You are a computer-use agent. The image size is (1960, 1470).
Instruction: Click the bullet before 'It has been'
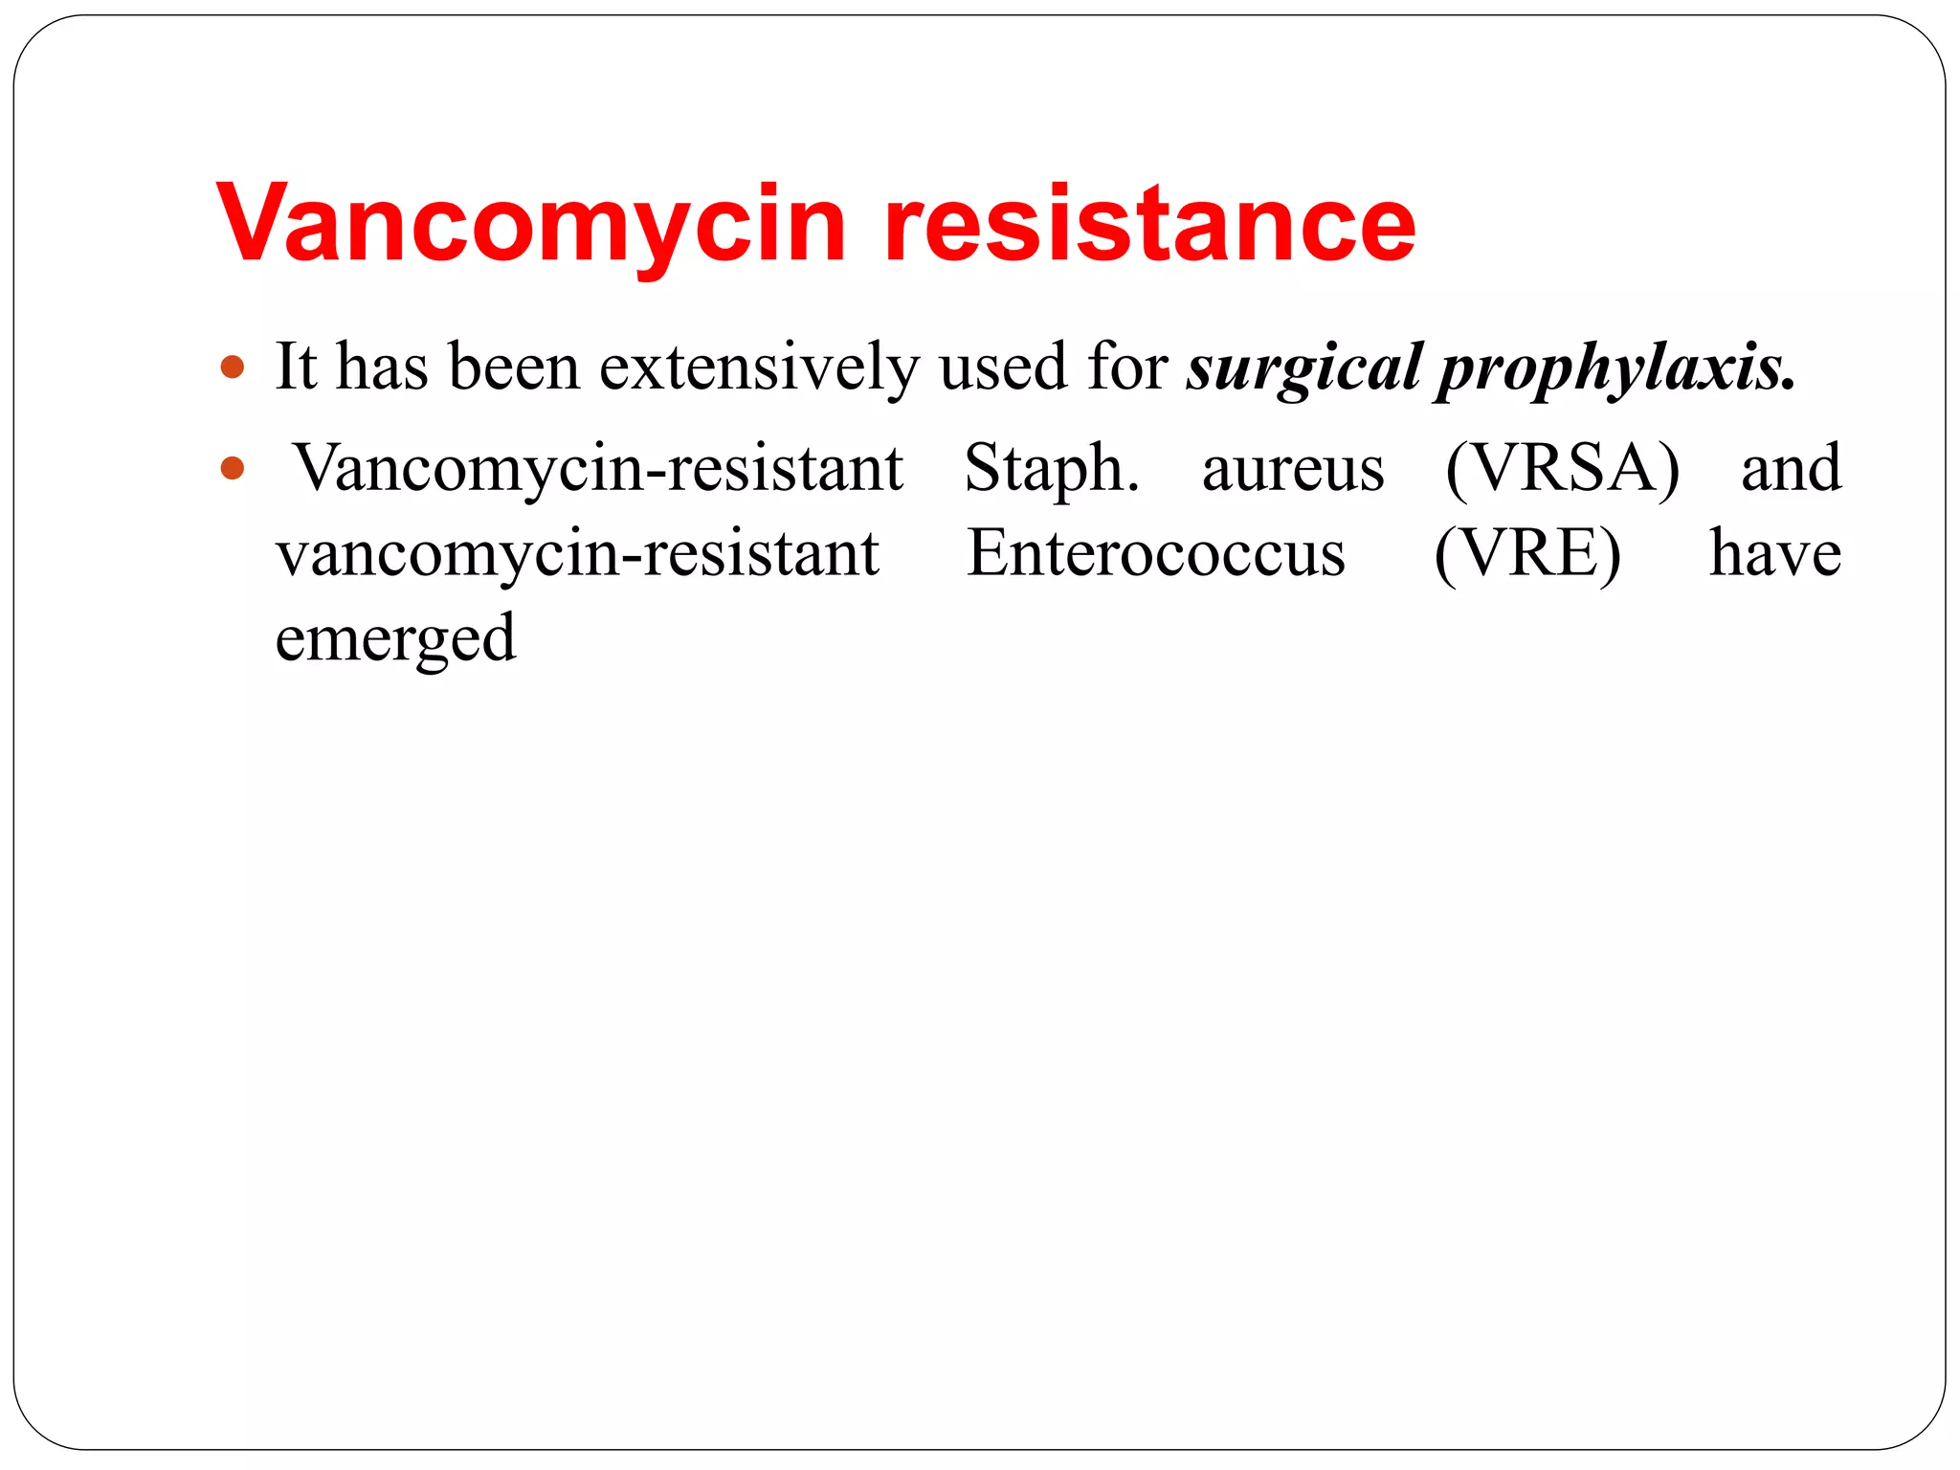(x=233, y=367)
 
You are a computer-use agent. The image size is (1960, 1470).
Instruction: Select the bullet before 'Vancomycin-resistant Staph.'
(x=233, y=469)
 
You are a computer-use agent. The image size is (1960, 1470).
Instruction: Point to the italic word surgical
(x=1303, y=368)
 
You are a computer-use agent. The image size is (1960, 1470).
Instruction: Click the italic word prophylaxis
(x=1616, y=368)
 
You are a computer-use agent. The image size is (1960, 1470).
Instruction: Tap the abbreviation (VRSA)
(x=1562, y=469)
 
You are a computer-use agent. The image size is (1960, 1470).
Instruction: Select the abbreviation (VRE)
(x=1527, y=554)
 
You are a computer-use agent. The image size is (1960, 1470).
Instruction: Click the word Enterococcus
(x=1156, y=554)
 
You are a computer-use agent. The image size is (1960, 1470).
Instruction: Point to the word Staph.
(x=1052, y=469)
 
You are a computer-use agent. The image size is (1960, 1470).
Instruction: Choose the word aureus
(x=1293, y=469)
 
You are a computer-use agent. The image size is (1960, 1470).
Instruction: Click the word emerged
(x=395, y=640)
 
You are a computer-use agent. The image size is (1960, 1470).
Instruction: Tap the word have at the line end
(x=1775, y=554)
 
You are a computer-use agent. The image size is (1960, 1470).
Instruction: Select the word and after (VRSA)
(x=1791, y=469)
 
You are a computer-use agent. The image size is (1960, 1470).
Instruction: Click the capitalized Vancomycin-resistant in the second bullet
(x=599, y=469)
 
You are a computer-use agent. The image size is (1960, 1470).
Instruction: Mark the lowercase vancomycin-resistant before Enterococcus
(x=577, y=554)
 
